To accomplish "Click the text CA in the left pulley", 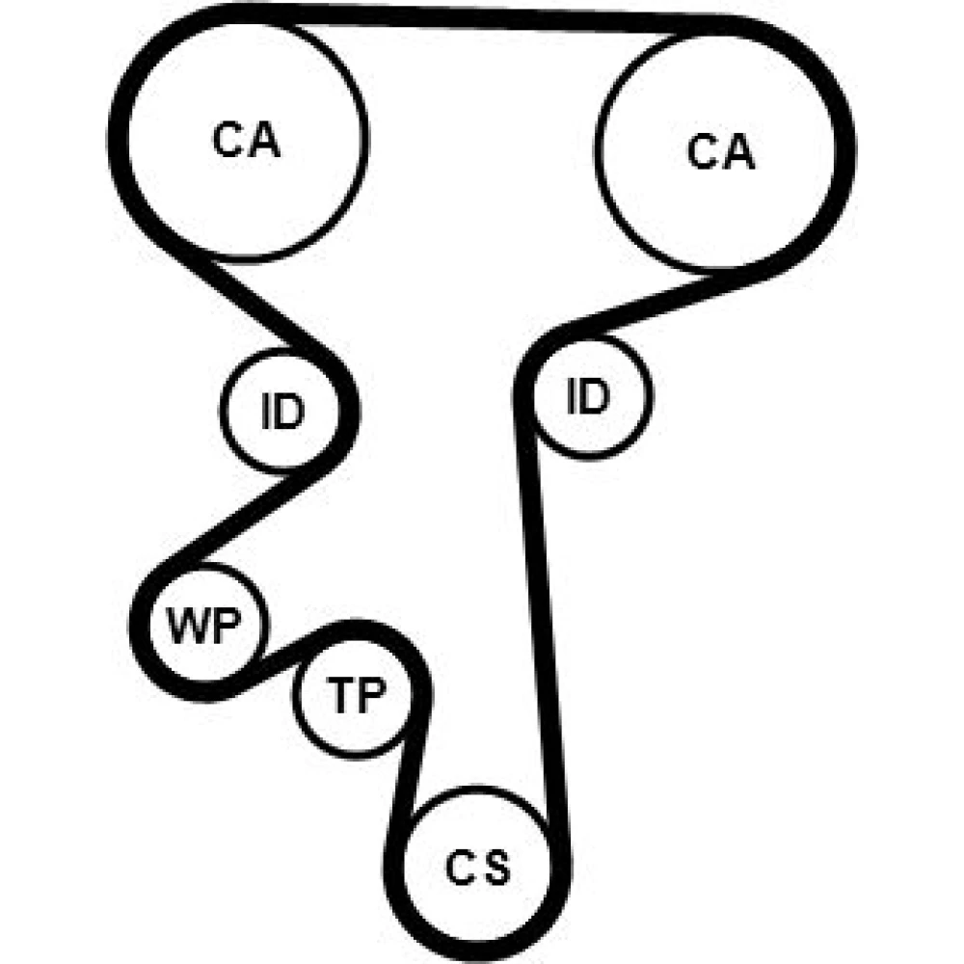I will pos(246,141).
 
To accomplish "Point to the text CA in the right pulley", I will pos(721,152).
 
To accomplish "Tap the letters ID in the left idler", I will pos(281,412).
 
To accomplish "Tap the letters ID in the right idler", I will pos(588,395).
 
